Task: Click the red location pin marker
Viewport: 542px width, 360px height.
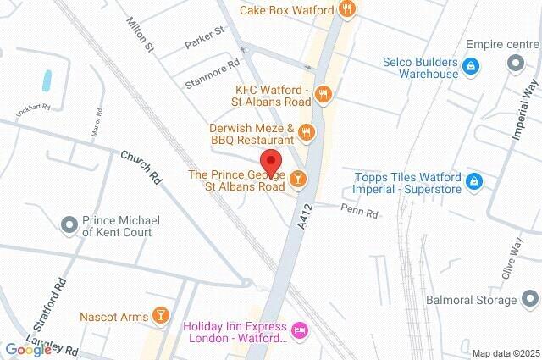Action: point(270,162)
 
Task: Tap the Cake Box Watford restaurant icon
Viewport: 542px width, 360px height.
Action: point(346,10)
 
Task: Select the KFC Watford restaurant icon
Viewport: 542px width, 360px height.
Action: point(321,92)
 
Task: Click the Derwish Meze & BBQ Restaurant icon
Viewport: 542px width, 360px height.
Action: point(307,131)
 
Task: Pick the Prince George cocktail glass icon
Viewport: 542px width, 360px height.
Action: point(297,179)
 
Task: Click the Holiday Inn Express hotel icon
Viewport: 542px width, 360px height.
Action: point(298,329)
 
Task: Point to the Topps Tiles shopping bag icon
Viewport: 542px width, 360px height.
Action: point(475,180)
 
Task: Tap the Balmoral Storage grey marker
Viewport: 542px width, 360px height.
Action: point(529,299)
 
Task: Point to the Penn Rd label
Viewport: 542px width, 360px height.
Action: point(359,211)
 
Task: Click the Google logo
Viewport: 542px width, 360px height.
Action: point(27,349)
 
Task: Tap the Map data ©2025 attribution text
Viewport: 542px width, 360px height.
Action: point(506,352)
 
